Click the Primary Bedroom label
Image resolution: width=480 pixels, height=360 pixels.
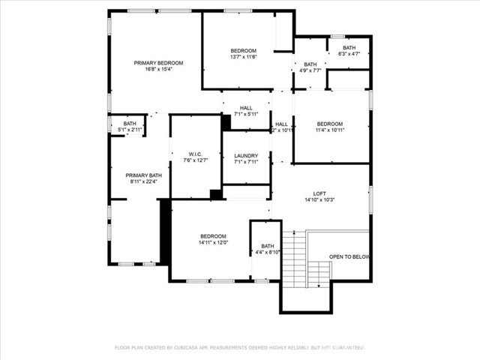(158, 63)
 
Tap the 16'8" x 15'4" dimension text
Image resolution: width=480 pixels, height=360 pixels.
(158, 70)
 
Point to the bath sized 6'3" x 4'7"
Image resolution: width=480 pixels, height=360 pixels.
(349, 51)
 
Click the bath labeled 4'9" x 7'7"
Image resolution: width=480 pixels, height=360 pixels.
(310, 68)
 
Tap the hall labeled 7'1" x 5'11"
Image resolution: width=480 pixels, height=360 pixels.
(246, 111)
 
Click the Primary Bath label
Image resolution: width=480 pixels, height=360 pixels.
(139, 174)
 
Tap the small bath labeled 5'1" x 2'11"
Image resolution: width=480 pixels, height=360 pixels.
(130, 127)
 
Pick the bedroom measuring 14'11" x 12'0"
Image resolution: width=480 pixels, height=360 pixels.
(213, 239)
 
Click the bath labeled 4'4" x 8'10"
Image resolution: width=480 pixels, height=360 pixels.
(268, 249)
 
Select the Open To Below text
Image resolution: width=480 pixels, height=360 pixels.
(349, 257)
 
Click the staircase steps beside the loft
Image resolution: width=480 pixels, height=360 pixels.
(298, 259)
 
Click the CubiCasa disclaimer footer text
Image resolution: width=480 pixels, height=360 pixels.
(239, 347)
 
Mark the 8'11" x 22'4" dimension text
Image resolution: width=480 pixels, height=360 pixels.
(139, 181)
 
